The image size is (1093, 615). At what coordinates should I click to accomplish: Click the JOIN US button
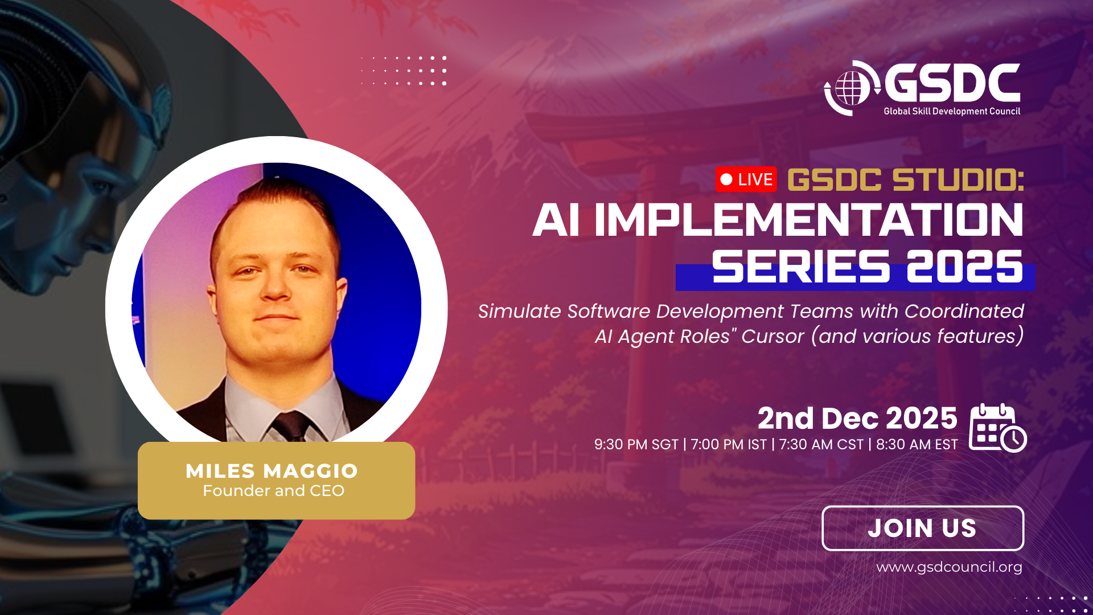(x=923, y=528)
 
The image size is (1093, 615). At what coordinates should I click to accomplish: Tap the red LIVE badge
(x=746, y=179)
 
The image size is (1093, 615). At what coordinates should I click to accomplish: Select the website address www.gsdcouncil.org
(x=949, y=567)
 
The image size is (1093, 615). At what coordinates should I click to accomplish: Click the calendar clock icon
(x=998, y=428)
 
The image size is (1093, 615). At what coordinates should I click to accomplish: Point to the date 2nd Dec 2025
(x=857, y=419)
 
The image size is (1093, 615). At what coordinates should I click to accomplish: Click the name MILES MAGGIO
(x=272, y=471)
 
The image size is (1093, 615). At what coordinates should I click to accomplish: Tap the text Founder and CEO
(x=273, y=491)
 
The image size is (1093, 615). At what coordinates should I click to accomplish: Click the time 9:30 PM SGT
(x=636, y=445)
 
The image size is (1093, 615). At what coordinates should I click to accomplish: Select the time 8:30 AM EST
(x=917, y=445)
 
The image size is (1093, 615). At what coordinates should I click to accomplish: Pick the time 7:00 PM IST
(x=729, y=445)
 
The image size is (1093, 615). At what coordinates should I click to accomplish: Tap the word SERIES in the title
(x=801, y=266)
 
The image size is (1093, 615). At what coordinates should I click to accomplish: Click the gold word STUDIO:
(x=959, y=180)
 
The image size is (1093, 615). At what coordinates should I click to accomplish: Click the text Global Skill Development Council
(x=952, y=112)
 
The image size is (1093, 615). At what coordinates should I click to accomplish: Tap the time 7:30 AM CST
(x=821, y=445)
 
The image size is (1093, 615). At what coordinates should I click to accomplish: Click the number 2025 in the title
(x=965, y=266)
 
